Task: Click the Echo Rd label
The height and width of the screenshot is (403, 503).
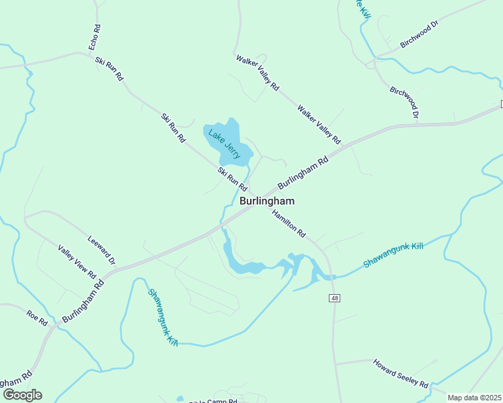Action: pyautogui.click(x=95, y=38)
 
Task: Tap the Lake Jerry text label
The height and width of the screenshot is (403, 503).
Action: pyautogui.click(x=224, y=143)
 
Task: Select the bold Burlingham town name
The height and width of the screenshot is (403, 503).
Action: pyautogui.click(x=267, y=201)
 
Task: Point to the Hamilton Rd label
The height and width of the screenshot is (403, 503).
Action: pyautogui.click(x=289, y=224)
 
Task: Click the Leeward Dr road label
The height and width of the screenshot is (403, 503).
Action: pyautogui.click(x=102, y=250)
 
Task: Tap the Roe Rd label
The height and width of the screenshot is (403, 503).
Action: pyautogui.click(x=37, y=318)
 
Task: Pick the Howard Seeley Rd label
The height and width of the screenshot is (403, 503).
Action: pyautogui.click(x=401, y=373)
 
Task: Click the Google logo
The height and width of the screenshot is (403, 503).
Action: pyautogui.click(x=22, y=395)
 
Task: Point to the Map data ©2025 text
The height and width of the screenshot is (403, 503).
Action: pyautogui.click(x=475, y=398)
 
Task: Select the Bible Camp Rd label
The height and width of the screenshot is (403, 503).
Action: pyautogui.click(x=213, y=401)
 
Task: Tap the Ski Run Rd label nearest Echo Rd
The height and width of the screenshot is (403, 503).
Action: pyautogui.click(x=110, y=69)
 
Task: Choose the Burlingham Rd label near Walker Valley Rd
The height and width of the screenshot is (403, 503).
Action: pyautogui.click(x=303, y=172)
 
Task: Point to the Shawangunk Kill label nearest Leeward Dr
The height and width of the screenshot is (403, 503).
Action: pyautogui.click(x=163, y=316)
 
